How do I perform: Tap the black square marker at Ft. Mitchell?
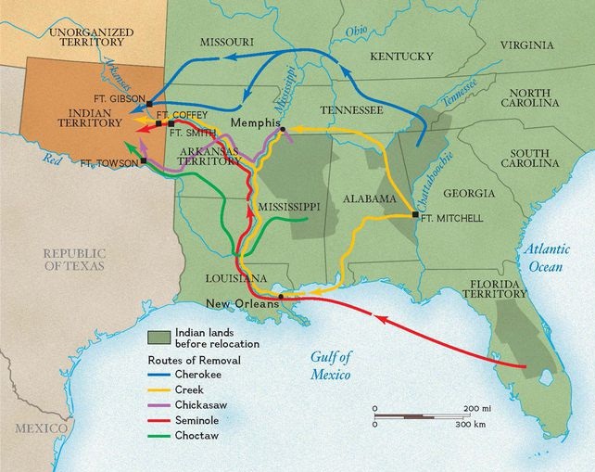[x=415, y=215]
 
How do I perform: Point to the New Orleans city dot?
[x=280, y=296]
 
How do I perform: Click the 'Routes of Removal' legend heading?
[x=191, y=357]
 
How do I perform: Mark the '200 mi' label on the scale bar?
[x=478, y=408]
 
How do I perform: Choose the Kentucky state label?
[x=401, y=57]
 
